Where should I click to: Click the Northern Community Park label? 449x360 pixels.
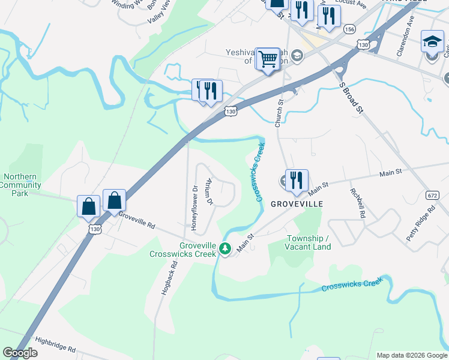click(x=20, y=185)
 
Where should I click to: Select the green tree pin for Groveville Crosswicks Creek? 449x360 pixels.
click(x=225, y=248)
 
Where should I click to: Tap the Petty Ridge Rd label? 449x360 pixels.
click(x=420, y=224)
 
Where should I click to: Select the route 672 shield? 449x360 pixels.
click(x=432, y=196)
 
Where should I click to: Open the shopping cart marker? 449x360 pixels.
click(x=268, y=59)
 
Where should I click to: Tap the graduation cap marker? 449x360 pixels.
click(x=433, y=42)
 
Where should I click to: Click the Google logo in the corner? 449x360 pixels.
click(x=20, y=353)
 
